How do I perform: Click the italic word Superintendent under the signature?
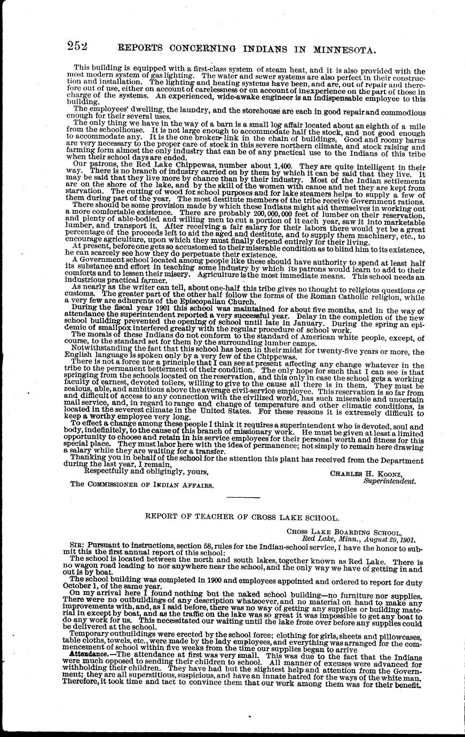click(389, 481)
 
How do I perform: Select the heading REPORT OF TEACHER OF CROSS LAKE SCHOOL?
click(242, 518)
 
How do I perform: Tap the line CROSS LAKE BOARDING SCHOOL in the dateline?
click(344, 532)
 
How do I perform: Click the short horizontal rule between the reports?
click(243, 498)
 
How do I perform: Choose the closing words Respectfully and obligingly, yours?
click(147, 472)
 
